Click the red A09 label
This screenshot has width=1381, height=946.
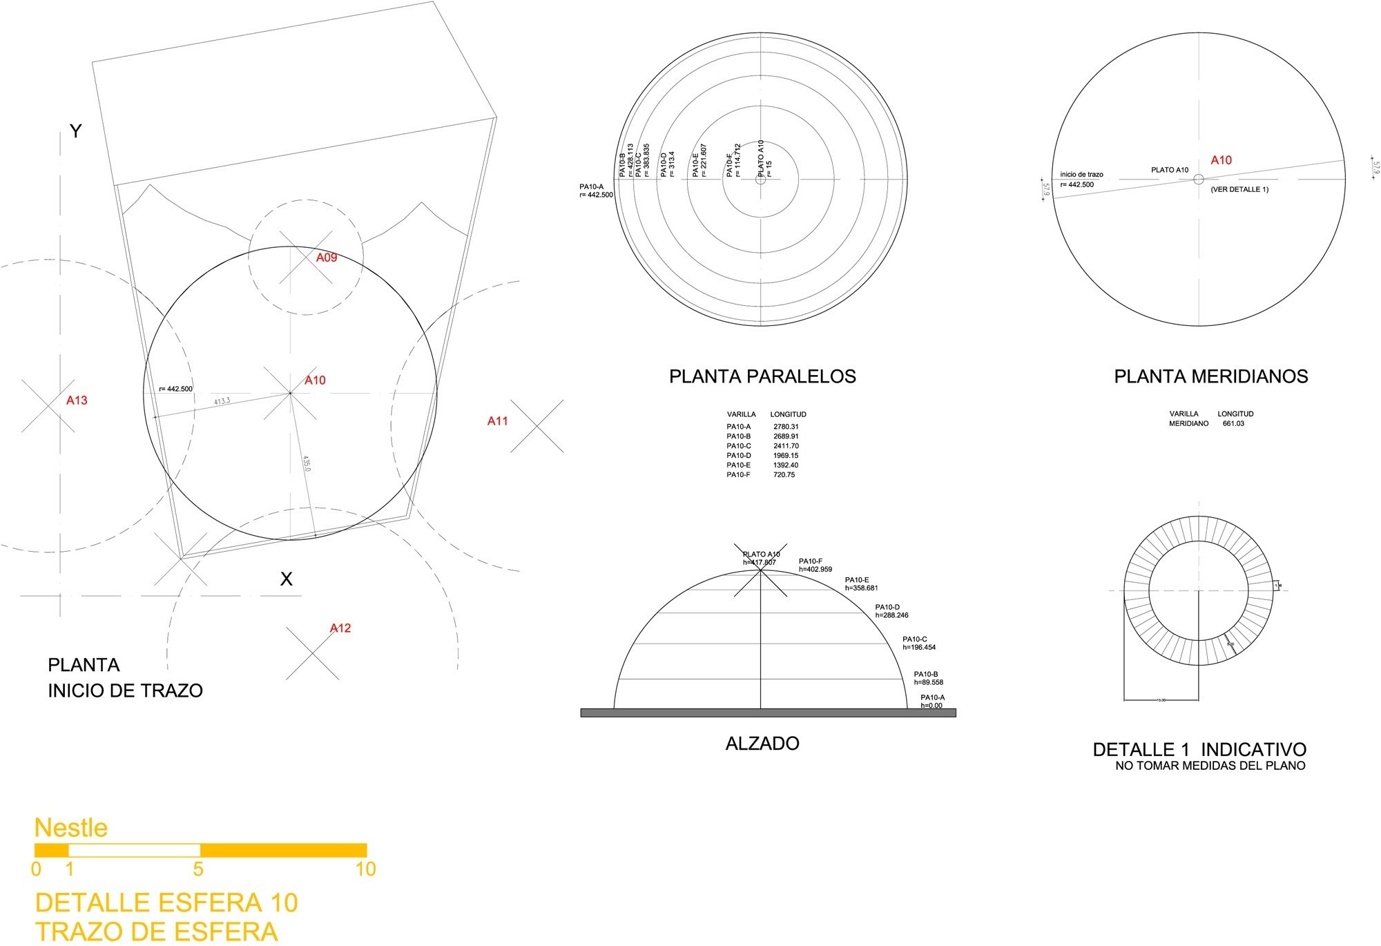327,258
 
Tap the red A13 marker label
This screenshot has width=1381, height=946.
77,400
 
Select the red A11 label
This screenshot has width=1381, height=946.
497,421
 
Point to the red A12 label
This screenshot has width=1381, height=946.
340,628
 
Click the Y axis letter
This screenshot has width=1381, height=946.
75,131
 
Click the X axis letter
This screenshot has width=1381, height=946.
286,579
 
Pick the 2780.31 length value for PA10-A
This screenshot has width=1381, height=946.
786,427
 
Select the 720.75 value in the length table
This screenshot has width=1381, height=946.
784,475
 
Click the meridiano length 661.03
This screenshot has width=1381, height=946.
1233,423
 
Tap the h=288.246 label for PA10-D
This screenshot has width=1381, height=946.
891,615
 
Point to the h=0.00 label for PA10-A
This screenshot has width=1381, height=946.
931,706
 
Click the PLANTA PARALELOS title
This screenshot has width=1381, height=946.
762,376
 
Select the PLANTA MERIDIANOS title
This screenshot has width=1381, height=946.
1210,376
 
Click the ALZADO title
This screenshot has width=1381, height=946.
762,744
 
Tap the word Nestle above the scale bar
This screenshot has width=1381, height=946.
71,827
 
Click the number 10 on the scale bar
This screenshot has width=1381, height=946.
365,869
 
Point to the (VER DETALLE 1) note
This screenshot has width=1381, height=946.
1239,189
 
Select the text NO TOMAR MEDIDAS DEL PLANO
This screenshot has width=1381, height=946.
1210,766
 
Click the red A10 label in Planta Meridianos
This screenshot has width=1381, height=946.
1221,160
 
